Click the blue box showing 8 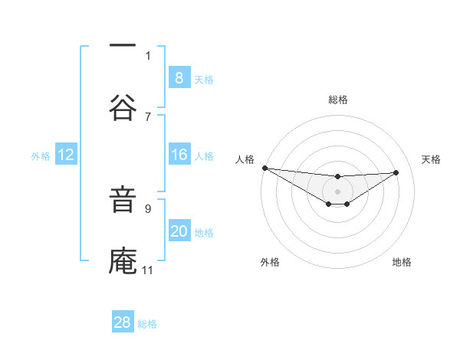click(179, 78)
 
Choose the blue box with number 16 click(179, 155)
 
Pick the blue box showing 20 click(179, 232)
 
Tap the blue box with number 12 click(65, 155)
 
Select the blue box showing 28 click(123, 322)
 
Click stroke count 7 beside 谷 click(148, 116)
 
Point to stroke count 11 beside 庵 click(148, 270)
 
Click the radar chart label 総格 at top click(337, 100)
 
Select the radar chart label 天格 click(431, 159)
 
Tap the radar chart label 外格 click(270, 262)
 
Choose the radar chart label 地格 click(402, 262)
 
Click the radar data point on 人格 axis click(264, 168)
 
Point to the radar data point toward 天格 click(396, 172)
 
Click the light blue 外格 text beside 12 click(41, 156)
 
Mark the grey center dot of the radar click(337, 191)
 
